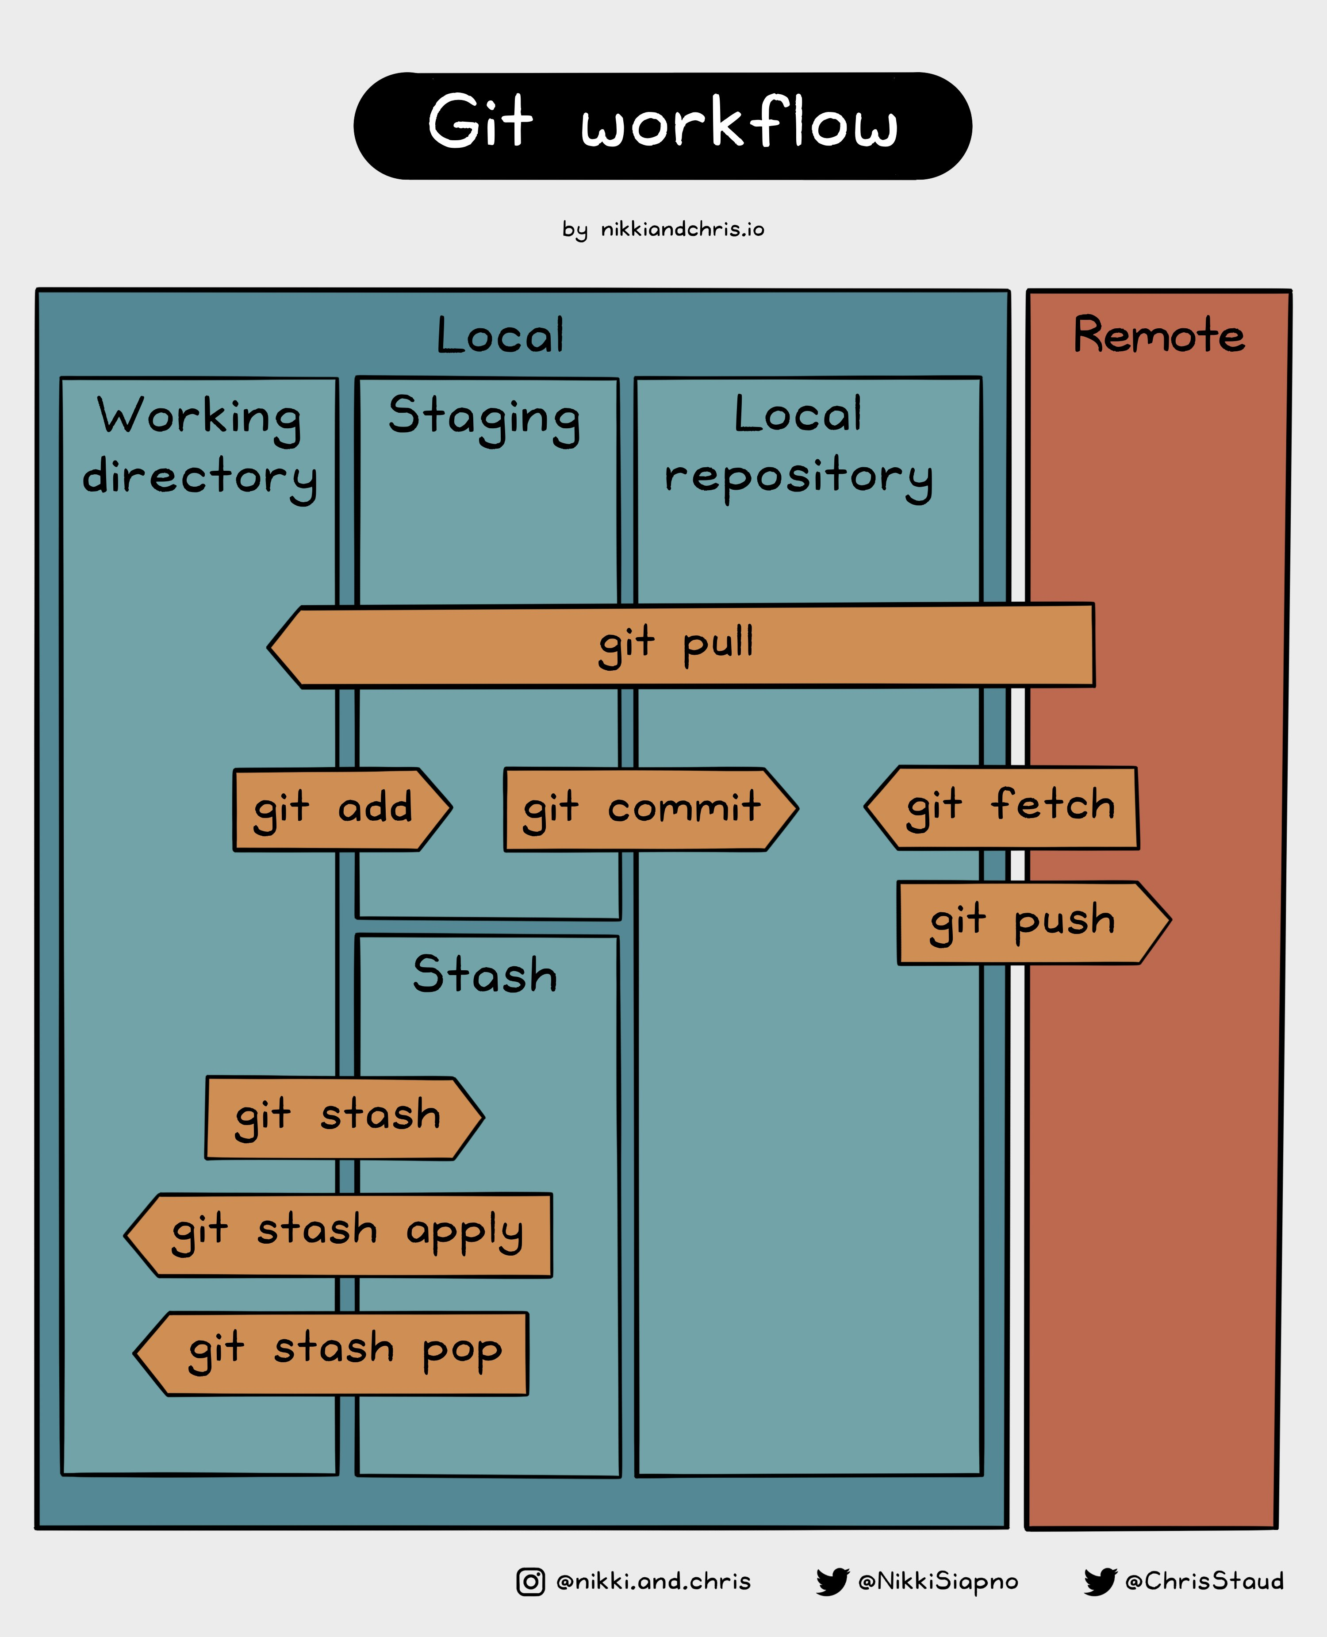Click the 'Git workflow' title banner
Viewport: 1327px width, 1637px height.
coord(663,126)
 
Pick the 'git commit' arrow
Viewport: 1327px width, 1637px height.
coord(651,809)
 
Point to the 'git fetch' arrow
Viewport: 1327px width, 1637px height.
coord(1001,807)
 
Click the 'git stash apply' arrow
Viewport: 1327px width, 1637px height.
coord(338,1235)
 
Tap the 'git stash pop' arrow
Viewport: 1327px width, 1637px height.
coord(331,1353)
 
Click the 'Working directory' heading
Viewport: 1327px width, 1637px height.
coord(199,448)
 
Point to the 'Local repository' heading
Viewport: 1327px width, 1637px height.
coord(799,448)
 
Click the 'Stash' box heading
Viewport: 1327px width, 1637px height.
coord(485,974)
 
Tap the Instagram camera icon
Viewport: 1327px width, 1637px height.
coord(530,1581)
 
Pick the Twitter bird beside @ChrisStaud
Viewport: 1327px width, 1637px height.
coord(1100,1581)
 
